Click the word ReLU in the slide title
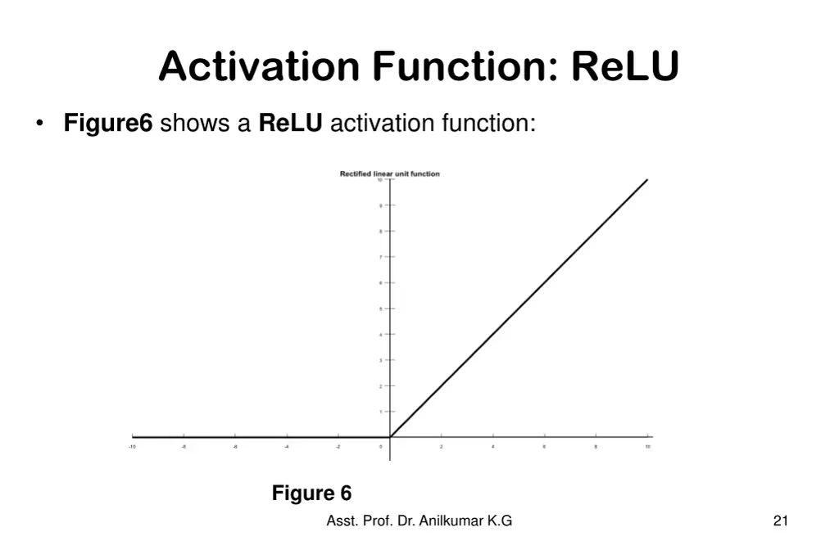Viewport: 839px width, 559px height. tap(625, 66)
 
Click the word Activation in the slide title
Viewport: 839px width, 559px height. tap(259, 66)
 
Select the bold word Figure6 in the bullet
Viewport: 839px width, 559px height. tap(108, 124)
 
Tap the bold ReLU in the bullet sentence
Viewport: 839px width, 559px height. tap(291, 124)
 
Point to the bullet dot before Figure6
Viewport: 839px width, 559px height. tap(39, 124)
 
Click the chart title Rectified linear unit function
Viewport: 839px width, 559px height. tap(390, 174)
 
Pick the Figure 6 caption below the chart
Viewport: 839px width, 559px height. tap(311, 494)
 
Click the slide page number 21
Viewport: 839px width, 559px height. tap(780, 521)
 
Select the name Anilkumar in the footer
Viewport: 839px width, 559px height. tap(451, 521)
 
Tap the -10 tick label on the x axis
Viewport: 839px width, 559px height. tap(132, 447)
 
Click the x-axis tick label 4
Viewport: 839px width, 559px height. tap(492, 447)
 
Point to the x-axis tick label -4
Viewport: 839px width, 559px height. tap(287, 447)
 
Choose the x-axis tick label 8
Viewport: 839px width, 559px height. tap(596, 447)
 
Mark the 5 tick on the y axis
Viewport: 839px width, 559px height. tap(380, 309)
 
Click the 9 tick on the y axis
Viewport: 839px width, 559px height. tap(380, 205)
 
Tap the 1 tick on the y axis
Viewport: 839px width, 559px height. tap(380, 412)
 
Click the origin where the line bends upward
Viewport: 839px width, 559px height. tap(390, 437)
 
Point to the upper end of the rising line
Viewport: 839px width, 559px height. tap(647, 180)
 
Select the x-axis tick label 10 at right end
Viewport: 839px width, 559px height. tap(647, 447)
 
